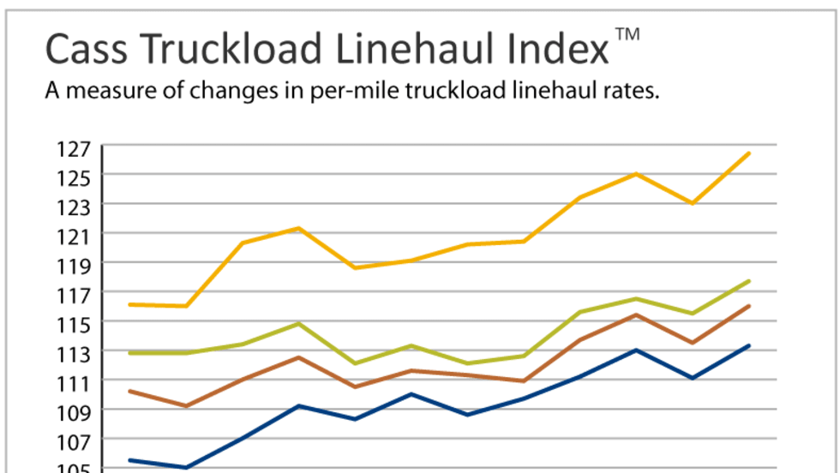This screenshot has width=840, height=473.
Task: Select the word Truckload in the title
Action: point(218,51)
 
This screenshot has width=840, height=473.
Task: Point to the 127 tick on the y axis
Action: point(75,147)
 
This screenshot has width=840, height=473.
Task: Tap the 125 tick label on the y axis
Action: point(75,177)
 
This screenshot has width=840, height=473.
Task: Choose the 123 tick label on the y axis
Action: point(75,206)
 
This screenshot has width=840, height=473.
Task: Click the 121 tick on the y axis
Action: point(75,235)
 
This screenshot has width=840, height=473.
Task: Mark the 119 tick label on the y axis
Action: point(75,264)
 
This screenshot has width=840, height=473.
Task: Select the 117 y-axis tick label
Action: point(75,293)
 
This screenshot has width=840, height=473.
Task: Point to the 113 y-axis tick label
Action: point(75,352)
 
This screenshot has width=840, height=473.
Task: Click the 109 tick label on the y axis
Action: point(75,410)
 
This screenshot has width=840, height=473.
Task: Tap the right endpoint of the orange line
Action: point(750,153)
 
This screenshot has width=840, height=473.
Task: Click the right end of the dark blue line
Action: point(750,346)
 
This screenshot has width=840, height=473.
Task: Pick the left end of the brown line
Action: point(129,391)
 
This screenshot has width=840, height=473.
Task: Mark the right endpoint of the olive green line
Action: point(750,281)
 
